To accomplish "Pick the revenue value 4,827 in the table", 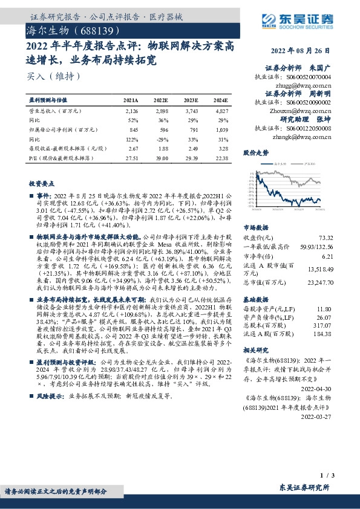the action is (221, 112).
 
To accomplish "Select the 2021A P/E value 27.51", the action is (131, 157).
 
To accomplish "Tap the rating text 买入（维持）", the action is (52, 76).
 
